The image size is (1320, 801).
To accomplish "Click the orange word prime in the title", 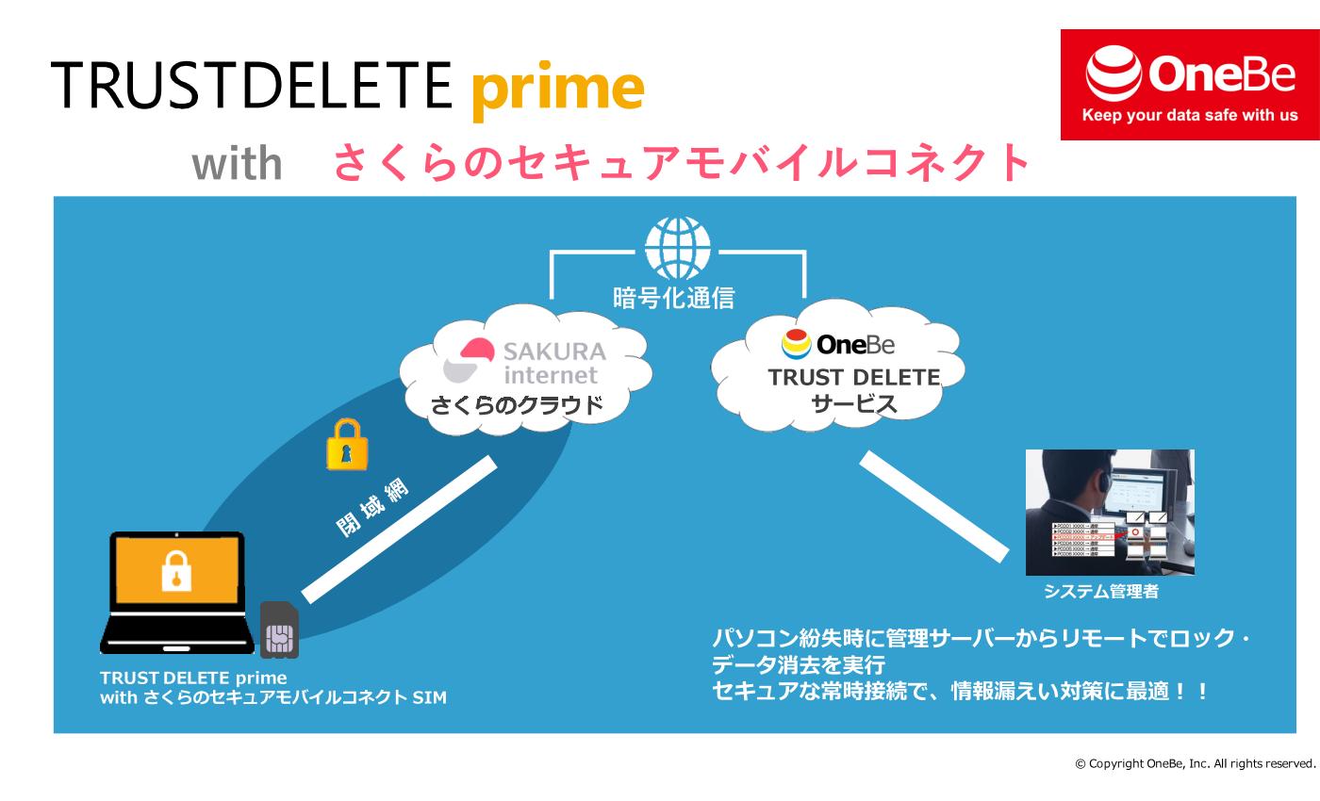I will (556, 88).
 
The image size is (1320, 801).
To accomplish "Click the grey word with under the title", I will (237, 165).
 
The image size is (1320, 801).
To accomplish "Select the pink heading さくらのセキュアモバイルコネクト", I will (682, 162).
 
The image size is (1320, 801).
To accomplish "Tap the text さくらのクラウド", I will (516, 406).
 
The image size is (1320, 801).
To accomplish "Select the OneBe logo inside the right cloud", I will (838, 345).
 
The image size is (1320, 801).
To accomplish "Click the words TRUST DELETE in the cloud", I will (853, 378).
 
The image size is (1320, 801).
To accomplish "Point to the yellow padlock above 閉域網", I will (347, 446).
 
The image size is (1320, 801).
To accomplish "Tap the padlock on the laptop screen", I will (176, 571).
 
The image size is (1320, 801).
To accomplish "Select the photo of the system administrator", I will (1110, 512).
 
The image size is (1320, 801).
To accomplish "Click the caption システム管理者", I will (1100, 592).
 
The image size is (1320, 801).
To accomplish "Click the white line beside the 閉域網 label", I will (399, 529).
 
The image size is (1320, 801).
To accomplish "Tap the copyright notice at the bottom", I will (1195, 763).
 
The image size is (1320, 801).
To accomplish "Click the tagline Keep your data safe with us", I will (1190, 116).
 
